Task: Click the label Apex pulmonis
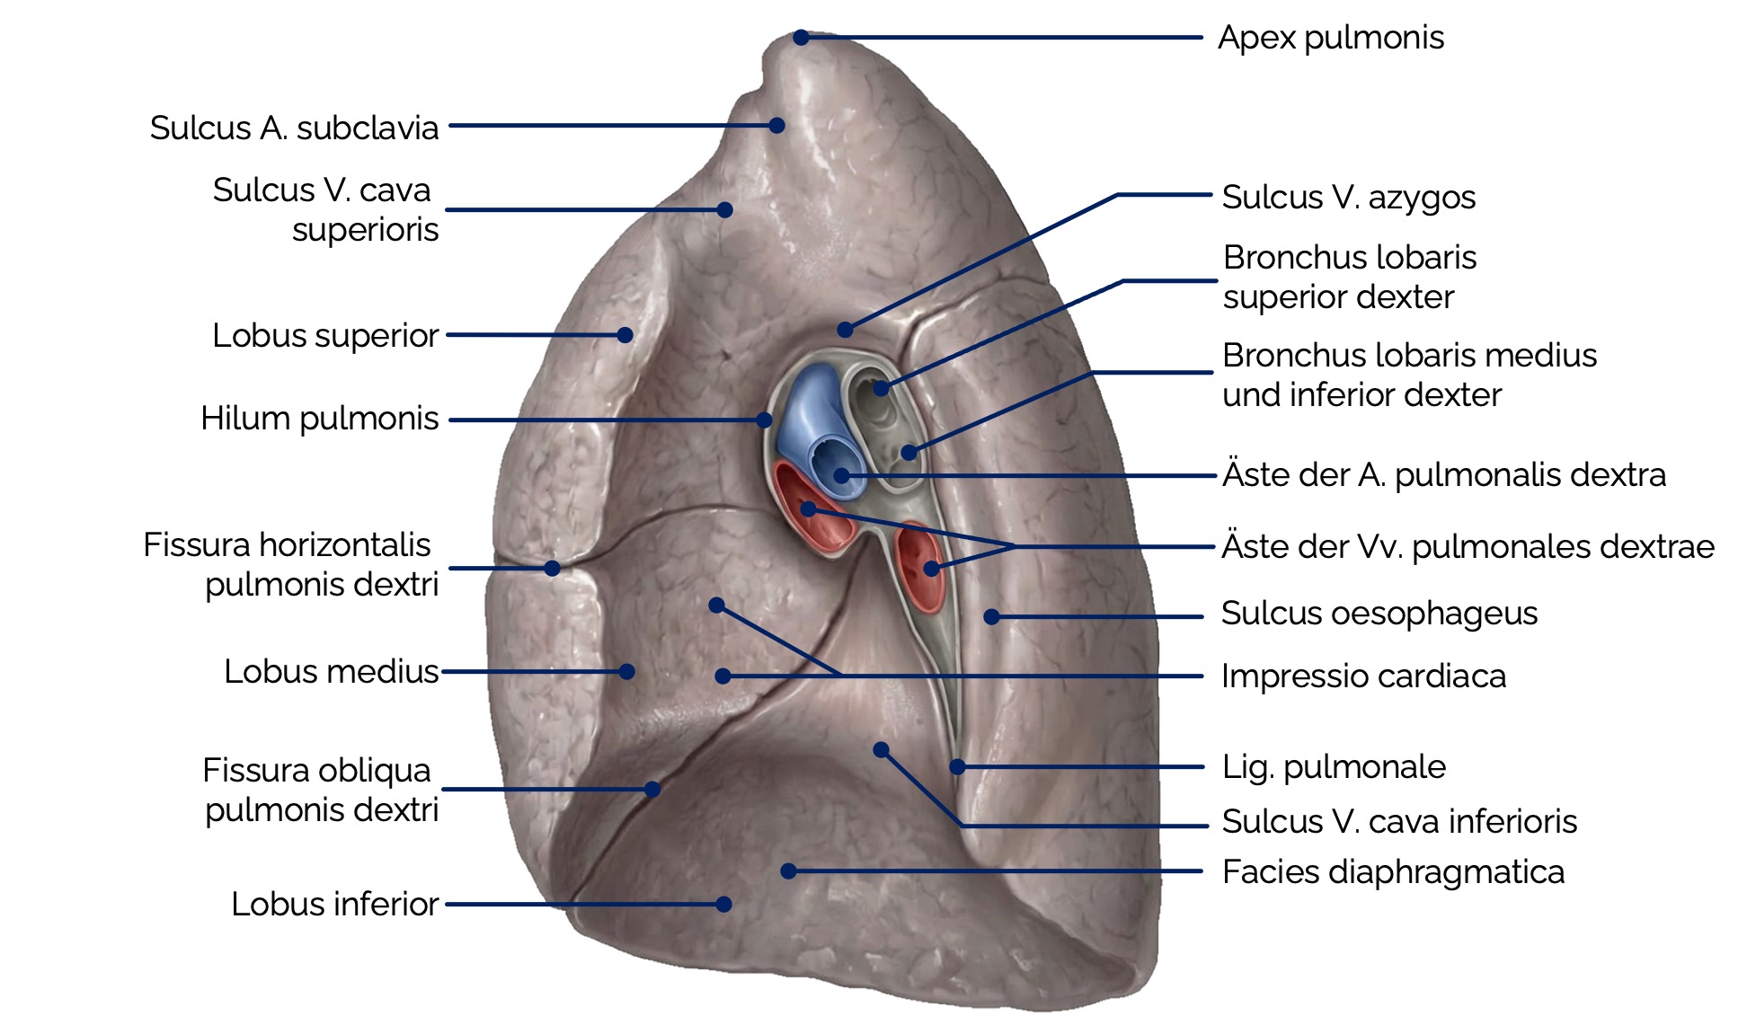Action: coord(1330,38)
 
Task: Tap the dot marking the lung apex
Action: coord(801,38)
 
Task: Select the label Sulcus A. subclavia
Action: coord(294,128)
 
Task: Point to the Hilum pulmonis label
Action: coord(319,419)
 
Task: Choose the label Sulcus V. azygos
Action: coord(1348,197)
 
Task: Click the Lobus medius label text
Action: coord(331,671)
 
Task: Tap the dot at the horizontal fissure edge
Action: coord(553,568)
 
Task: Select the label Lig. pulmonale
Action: coord(1334,767)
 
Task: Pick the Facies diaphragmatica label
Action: coord(1393,871)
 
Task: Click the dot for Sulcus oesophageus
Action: coord(991,616)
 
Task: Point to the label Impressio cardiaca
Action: coord(1363,676)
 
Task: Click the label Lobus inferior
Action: coord(334,904)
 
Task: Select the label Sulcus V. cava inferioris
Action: coord(1399,821)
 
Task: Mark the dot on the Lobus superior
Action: coord(625,335)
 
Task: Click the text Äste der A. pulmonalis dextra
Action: coord(1444,474)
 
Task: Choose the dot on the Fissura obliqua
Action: coord(652,790)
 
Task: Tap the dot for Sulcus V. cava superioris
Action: coord(725,210)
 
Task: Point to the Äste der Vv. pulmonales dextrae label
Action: coord(1468,546)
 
